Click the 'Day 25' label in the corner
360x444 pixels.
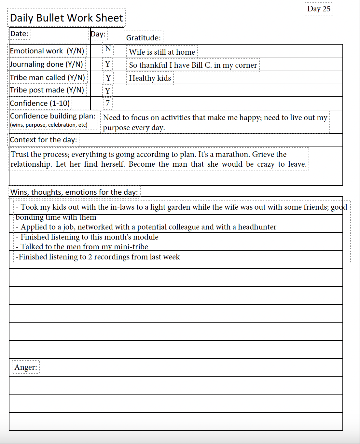click(x=319, y=9)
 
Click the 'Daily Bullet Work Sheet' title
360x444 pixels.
click(x=66, y=18)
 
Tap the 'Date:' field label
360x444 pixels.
click(x=19, y=34)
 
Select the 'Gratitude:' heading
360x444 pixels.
click(x=144, y=38)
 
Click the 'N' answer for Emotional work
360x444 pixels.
click(x=108, y=49)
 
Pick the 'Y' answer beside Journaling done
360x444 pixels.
click(x=108, y=64)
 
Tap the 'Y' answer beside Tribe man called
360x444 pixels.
click(x=108, y=78)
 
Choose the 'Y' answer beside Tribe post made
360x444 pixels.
click(x=108, y=91)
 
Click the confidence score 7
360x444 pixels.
click(x=108, y=103)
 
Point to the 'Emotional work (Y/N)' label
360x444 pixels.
click(x=47, y=51)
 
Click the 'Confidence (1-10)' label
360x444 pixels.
click(x=40, y=103)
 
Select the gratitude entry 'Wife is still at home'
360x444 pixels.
click(x=162, y=52)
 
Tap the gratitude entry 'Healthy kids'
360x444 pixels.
click(x=150, y=78)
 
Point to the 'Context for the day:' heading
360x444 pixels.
click(x=43, y=140)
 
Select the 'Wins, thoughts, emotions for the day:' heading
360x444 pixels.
click(x=74, y=192)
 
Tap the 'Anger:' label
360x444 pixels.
click(x=26, y=367)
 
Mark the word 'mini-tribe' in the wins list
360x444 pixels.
click(x=131, y=247)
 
